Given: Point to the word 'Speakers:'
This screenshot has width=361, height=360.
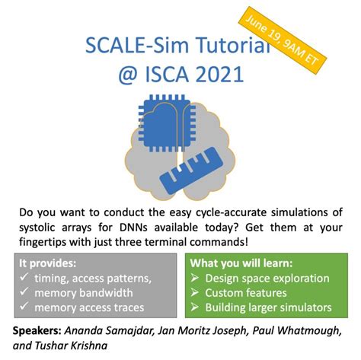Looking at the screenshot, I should coord(38,332).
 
